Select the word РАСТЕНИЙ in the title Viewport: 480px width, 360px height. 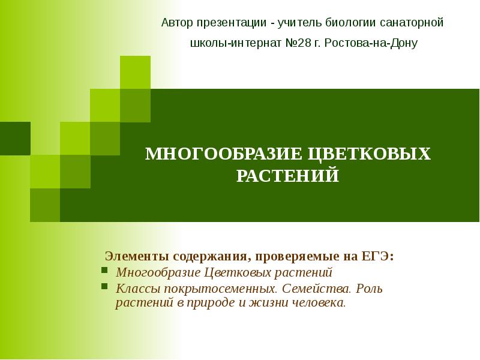[288, 176]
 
